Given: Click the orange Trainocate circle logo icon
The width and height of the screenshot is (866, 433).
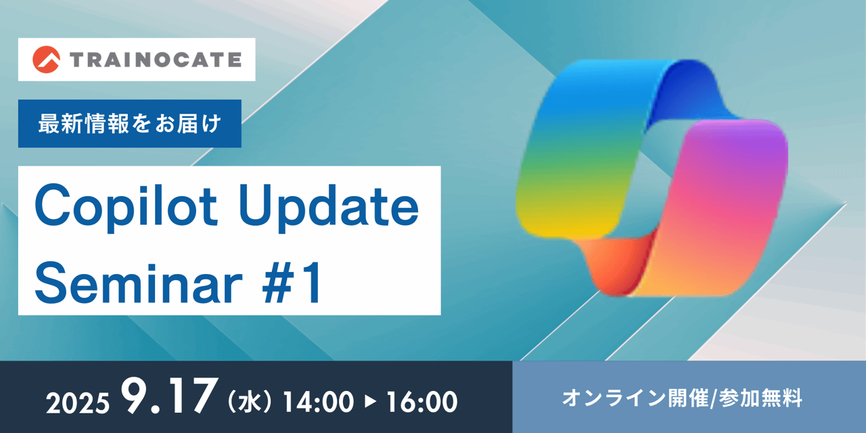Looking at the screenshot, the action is (x=46, y=60).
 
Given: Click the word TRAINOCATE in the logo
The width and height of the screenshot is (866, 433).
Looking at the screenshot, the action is (x=156, y=60).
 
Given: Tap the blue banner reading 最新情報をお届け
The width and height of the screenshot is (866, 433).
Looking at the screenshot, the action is (x=129, y=123).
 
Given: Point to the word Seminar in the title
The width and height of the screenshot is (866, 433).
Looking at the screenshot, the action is (x=139, y=282).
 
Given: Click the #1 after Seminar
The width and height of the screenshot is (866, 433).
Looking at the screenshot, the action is (x=292, y=282).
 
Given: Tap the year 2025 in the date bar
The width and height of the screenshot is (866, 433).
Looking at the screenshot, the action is (x=78, y=403).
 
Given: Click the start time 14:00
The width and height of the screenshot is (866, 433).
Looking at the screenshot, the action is (x=318, y=402).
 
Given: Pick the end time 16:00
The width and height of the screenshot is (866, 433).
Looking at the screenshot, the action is (x=422, y=402).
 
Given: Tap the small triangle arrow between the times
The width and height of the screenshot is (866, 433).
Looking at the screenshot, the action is (x=370, y=402).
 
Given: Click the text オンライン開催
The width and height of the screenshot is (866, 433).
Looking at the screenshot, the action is (x=635, y=398).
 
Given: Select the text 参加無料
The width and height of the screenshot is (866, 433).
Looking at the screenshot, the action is (x=760, y=398).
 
